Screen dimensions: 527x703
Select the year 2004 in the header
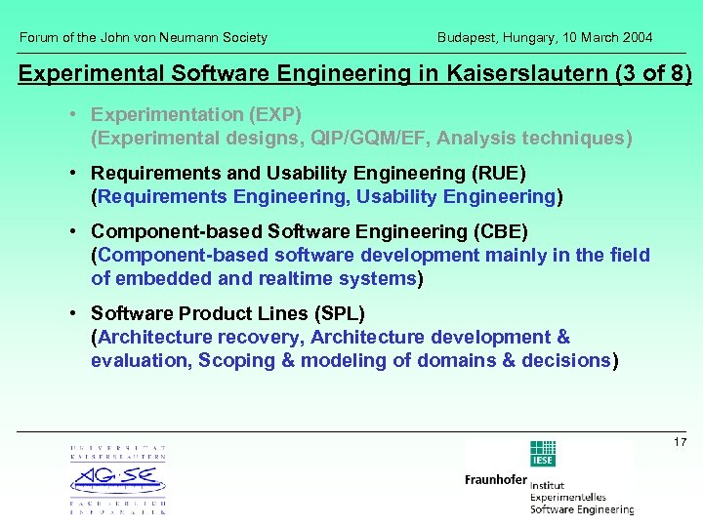[x=638, y=38]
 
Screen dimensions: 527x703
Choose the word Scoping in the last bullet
[x=233, y=360]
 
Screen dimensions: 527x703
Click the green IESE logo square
[x=542, y=454]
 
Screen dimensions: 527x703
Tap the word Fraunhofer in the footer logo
[x=495, y=480]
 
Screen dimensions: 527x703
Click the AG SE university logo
[x=117, y=479]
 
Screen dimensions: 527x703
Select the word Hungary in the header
[x=533, y=38]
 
